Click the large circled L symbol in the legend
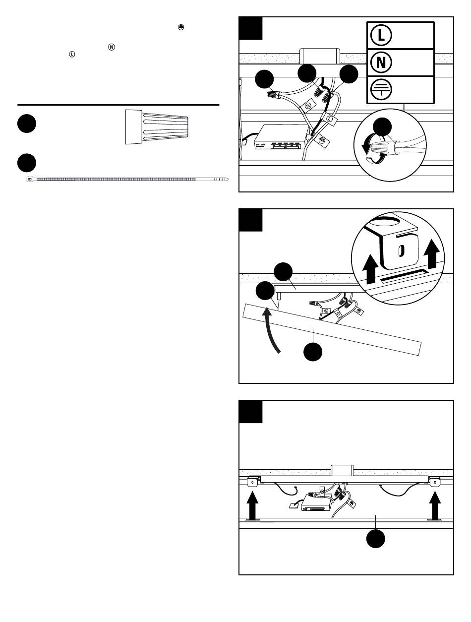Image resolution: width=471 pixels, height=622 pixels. click(381, 35)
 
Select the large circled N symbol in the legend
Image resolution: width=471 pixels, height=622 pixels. click(381, 62)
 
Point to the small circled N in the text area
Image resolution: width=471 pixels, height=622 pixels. click(112, 47)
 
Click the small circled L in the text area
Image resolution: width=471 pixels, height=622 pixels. click(72, 54)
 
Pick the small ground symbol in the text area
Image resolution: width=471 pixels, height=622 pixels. click(181, 27)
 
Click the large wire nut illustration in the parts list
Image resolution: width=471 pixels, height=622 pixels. click(157, 127)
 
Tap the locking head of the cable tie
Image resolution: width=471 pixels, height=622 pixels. click(30, 179)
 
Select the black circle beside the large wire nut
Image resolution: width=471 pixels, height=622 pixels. click(27, 124)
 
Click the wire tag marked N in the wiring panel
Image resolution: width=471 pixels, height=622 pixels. click(308, 106)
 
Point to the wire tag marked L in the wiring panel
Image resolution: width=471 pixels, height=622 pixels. click(329, 119)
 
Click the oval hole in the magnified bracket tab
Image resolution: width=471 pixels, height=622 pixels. click(401, 250)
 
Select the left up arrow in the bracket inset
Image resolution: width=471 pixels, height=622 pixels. click(371, 269)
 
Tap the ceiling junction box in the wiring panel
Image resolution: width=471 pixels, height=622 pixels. click(320, 56)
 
